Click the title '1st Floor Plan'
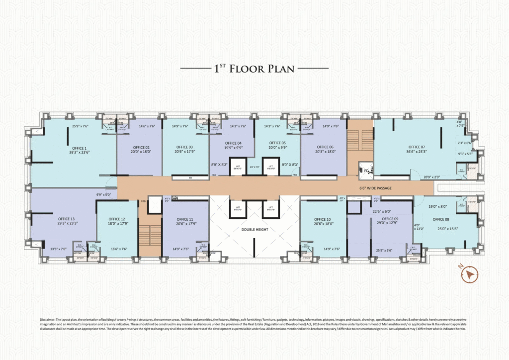[x=254, y=68]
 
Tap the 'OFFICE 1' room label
[x=78, y=148]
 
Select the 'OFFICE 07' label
[x=417, y=147]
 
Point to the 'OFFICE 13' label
[x=66, y=219]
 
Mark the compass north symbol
[x=469, y=274]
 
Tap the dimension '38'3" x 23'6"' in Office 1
[x=78, y=154]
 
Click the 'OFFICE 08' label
[x=440, y=219]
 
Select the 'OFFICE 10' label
[x=322, y=219]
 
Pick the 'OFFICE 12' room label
[x=117, y=219]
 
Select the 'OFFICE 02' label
[x=141, y=148]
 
